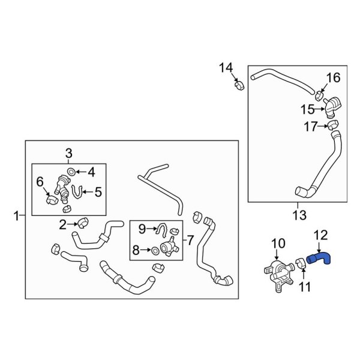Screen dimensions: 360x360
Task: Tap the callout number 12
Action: [x=320, y=236]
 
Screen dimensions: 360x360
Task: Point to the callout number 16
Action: [x=333, y=77]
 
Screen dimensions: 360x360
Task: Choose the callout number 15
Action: [x=308, y=110]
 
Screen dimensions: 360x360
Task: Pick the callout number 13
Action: [x=298, y=214]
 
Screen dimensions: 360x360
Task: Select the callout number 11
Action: [x=305, y=287]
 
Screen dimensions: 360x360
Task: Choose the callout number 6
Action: [x=40, y=181]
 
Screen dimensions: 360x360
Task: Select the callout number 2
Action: [x=63, y=225]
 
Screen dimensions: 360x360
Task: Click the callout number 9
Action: [x=142, y=228]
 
